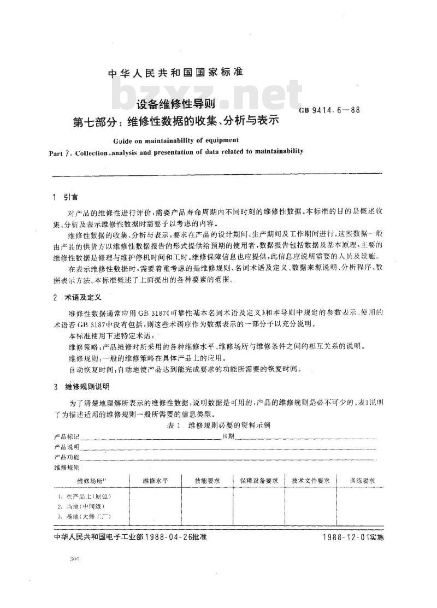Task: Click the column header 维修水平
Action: (x=155, y=480)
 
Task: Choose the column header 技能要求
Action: (x=208, y=480)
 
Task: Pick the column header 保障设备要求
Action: (x=259, y=480)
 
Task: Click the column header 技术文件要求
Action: (x=311, y=480)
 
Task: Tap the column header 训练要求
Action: (x=362, y=480)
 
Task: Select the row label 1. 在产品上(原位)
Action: (x=85, y=497)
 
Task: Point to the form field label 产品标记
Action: (x=67, y=437)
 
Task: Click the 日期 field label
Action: (x=228, y=436)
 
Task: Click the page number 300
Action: (x=75, y=560)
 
